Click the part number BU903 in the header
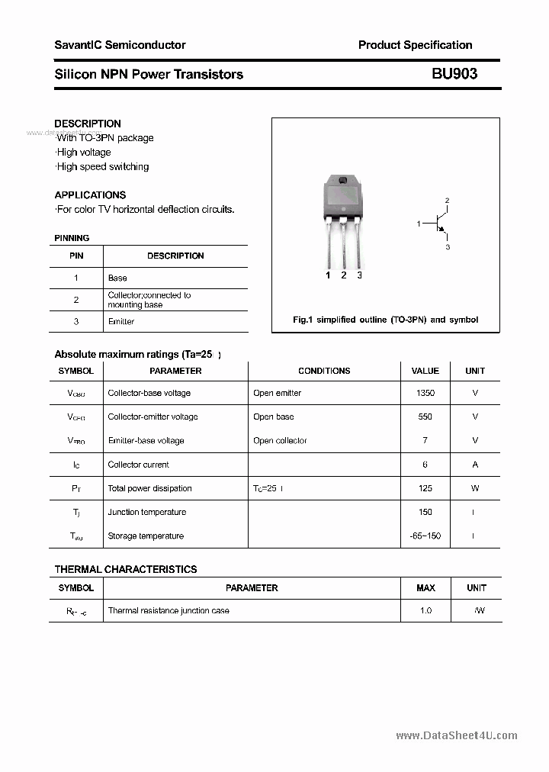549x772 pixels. coord(454,74)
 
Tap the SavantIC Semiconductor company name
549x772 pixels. coord(120,45)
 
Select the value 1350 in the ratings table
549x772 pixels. coord(425,393)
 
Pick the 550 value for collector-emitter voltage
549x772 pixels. coord(425,417)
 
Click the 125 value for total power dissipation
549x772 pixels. coord(425,488)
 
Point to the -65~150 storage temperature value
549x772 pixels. coord(425,536)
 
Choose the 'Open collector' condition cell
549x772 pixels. coord(280,441)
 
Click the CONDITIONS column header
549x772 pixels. coord(324,371)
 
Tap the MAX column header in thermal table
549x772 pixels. coord(425,588)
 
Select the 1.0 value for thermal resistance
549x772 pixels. coord(425,611)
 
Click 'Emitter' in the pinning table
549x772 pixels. coord(121,322)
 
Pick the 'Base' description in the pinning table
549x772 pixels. coord(117,278)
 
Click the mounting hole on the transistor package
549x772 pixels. coord(342,181)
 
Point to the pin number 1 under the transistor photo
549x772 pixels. coord(328,275)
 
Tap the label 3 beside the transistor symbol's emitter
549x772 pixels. coord(448,247)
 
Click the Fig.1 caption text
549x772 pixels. coord(386,320)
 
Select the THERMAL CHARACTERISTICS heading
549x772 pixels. coord(126,569)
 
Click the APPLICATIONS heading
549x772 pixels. coord(90,195)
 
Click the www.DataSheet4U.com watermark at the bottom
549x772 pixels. coord(457,735)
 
